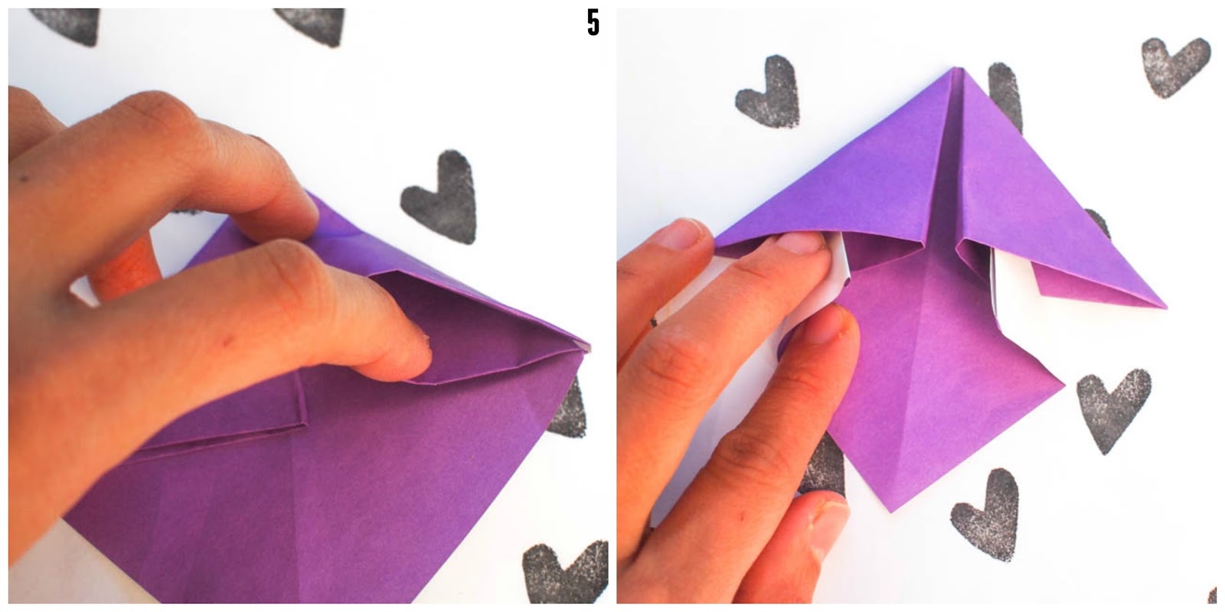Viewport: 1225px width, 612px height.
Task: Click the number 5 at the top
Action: tap(593, 23)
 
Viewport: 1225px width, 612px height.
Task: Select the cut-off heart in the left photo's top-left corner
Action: tap(68, 24)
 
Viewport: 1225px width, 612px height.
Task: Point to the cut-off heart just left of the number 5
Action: tap(312, 25)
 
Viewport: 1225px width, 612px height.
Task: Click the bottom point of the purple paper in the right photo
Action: tap(891, 511)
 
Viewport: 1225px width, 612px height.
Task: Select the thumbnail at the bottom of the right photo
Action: tap(828, 525)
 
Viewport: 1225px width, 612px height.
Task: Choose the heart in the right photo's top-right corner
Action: tap(1175, 65)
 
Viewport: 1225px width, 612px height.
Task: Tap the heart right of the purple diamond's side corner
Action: tap(1112, 407)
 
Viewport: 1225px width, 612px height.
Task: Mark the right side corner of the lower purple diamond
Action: tap(1063, 386)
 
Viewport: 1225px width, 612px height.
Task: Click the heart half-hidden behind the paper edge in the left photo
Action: tap(569, 407)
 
